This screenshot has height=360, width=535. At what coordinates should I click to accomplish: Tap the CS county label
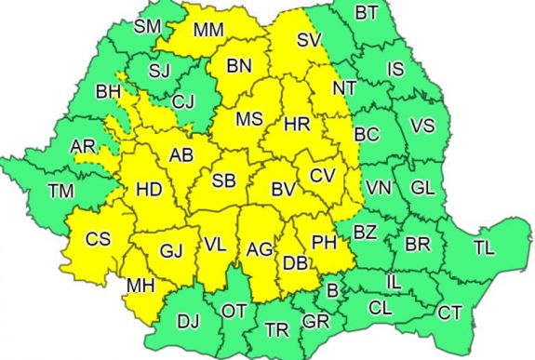(x=98, y=238)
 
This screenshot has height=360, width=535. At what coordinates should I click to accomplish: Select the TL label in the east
(x=484, y=247)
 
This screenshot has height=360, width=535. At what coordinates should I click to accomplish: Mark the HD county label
(x=149, y=190)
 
